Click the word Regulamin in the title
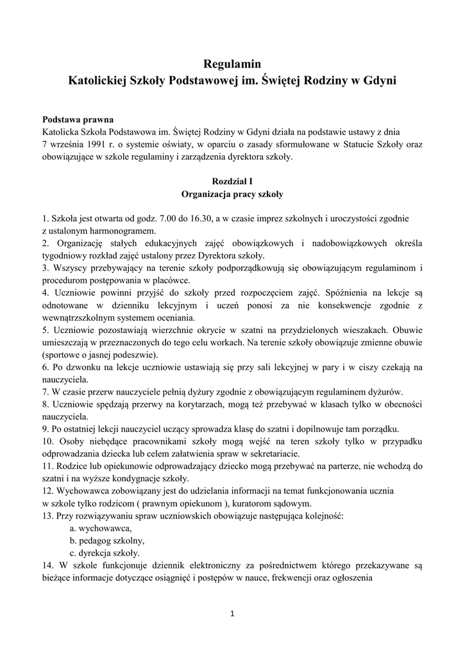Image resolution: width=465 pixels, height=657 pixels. pos(232,64)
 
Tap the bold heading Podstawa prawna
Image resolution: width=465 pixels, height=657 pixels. pos(78,119)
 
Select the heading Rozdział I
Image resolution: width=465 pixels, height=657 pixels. pos(232,182)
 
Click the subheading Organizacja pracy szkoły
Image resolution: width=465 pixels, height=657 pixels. pos(232,193)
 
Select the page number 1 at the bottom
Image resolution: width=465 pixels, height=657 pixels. pos(232,614)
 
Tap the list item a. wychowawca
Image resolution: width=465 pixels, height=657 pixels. pos(101,528)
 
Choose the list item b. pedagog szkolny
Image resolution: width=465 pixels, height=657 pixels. pos(107,540)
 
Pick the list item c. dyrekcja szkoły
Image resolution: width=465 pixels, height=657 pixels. pos(105,552)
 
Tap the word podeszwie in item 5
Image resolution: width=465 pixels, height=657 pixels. pos(135,354)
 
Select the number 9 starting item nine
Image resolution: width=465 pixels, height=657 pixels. pos(45,429)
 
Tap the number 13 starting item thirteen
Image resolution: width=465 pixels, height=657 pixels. pos(47,516)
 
